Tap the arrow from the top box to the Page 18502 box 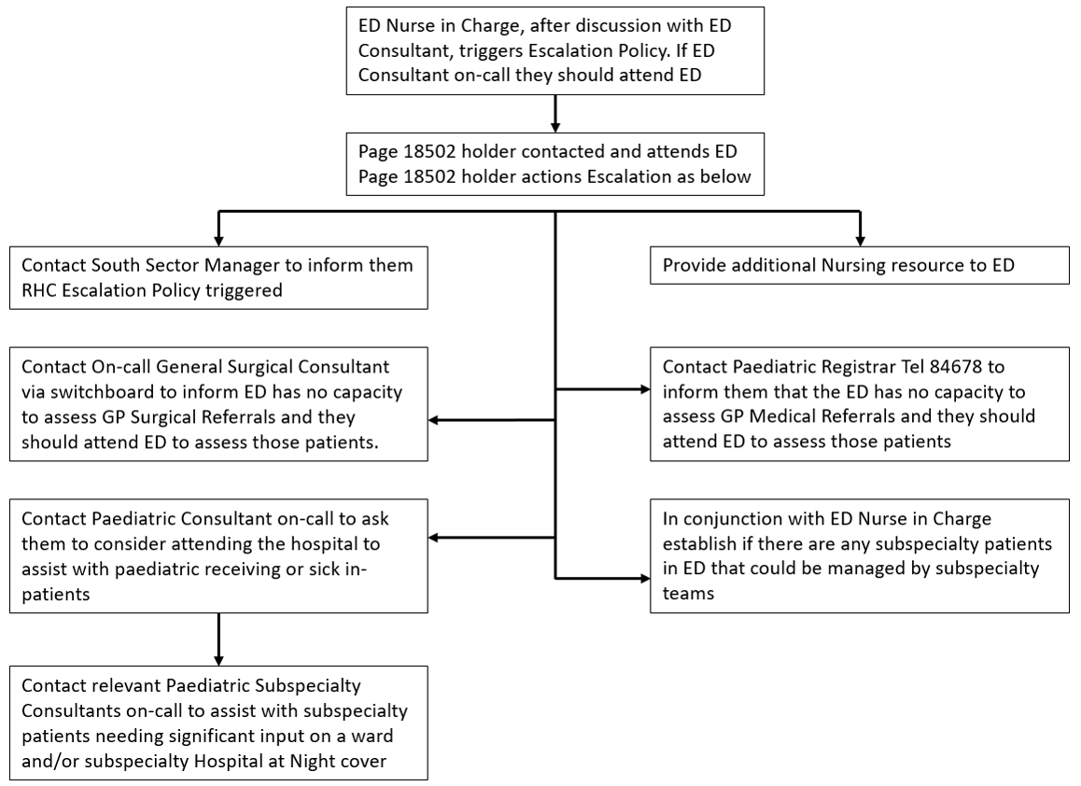coord(555,113)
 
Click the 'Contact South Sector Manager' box coord(218,277)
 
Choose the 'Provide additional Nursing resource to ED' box coord(859,266)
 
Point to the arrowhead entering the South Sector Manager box coord(218,240)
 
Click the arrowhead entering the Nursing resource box coord(859,240)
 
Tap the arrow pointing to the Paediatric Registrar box coord(602,388)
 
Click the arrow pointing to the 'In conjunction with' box coord(602,579)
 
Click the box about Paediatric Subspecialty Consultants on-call coord(218,722)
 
